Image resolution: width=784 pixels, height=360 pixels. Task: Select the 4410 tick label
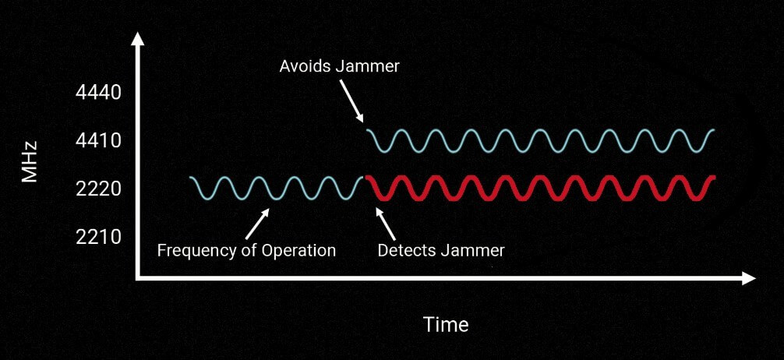pyautogui.click(x=99, y=142)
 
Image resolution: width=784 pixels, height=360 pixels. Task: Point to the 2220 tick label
pyautogui.click(x=99, y=189)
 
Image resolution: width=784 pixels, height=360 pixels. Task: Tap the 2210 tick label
pyautogui.click(x=99, y=237)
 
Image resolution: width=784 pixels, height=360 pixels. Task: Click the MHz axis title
pyautogui.click(x=30, y=164)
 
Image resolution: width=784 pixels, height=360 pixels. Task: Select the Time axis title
pyautogui.click(x=446, y=324)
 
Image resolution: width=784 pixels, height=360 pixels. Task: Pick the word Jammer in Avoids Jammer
pyautogui.click(x=369, y=66)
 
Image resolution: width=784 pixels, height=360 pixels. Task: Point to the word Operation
pyautogui.click(x=298, y=251)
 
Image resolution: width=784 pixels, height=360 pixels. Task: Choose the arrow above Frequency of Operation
pyautogui.click(x=256, y=223)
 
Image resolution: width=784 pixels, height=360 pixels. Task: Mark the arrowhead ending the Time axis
pyautogui.click(x=750, y=277)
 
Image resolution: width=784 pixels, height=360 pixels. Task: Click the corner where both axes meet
pyautogui.click(x=139, y=277)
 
